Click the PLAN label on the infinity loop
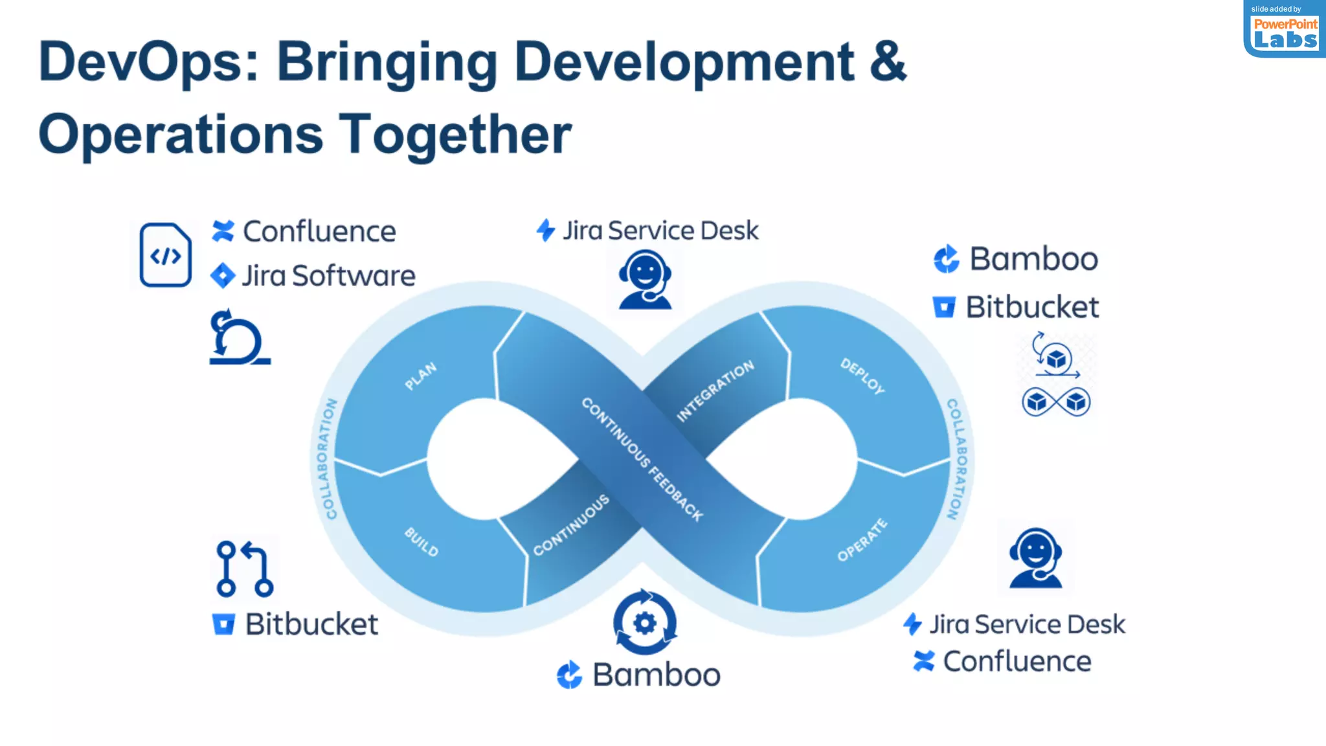421,376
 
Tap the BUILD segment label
421,542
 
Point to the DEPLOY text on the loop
862,376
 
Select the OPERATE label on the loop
862,540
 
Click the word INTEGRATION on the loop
715,390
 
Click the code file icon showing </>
166,255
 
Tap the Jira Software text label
328,276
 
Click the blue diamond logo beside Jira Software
223,276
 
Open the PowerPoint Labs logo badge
1285,30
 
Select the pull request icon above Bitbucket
244,569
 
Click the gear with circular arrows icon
645,622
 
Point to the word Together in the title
455,135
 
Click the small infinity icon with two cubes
1056,402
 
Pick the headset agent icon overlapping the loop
645,280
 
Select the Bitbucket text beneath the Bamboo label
1032,307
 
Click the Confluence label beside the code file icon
319,232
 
